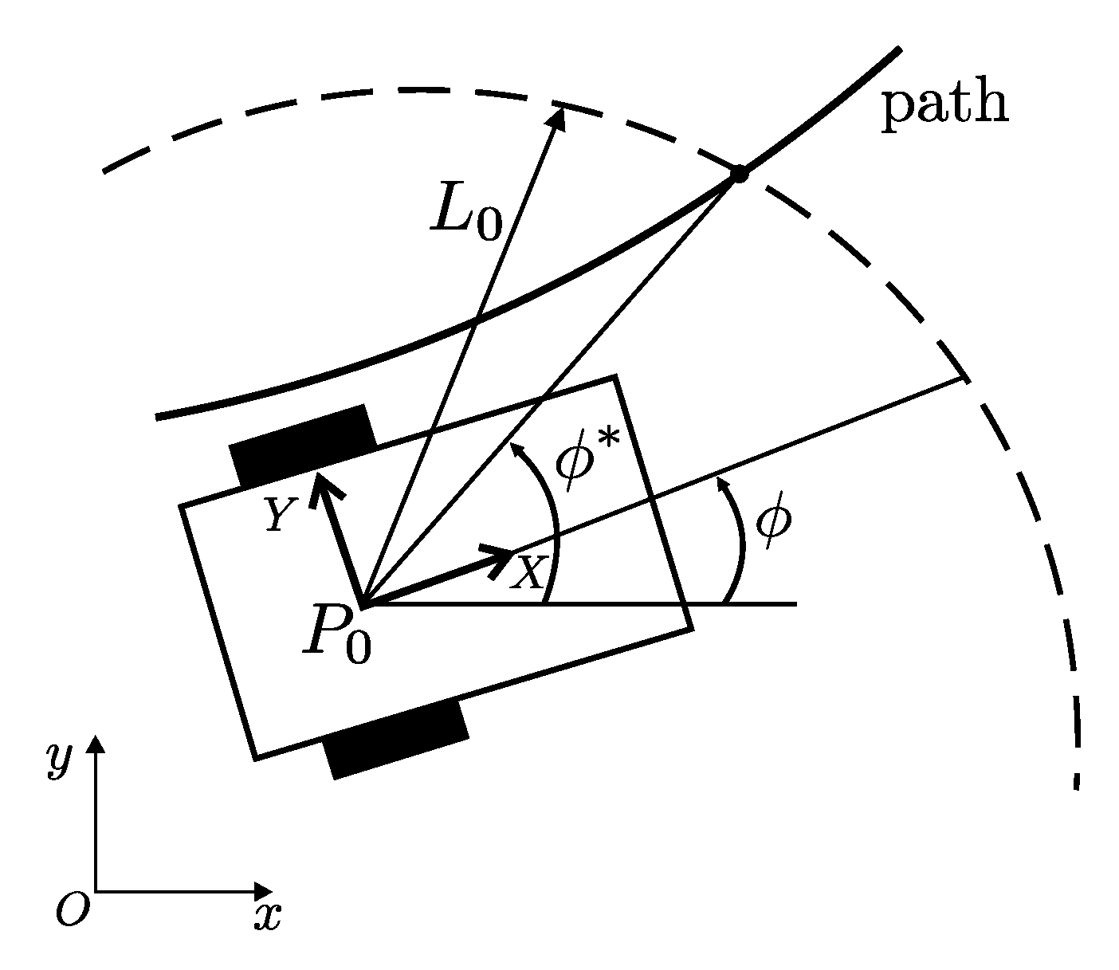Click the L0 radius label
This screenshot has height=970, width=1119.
(x=467, y=213)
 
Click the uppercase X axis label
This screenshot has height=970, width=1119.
(x=528, y=572)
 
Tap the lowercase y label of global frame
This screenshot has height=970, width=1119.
(x=59, y=759)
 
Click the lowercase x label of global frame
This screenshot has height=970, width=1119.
(x=268, y=917)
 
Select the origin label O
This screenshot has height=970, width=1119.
(x=71, y=909)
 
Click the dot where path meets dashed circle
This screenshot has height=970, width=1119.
(x=739, y=174)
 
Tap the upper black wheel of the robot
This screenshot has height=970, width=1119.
(x=303, y=444)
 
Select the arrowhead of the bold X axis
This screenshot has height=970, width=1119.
(x=504, y=556)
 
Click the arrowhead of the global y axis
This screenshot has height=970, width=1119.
(x=96, y=743)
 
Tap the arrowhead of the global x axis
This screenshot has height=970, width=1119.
(x=265, y=890)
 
